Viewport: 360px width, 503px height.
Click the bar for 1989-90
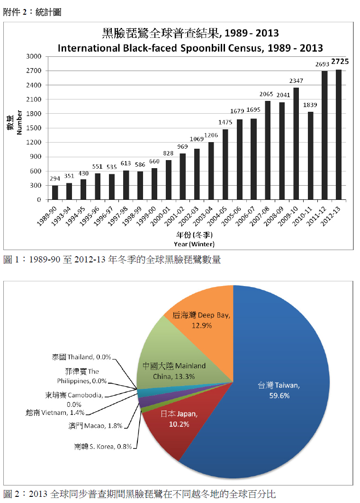click(55, 192)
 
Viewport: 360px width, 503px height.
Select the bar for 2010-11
click(311, 156)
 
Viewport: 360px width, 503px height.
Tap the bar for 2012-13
click(339, 135)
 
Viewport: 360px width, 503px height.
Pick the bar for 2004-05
click(225, 164)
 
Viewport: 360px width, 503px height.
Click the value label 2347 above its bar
click(296, 81)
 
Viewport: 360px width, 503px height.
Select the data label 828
click(168, 153)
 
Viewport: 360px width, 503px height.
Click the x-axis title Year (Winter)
click(194, 244)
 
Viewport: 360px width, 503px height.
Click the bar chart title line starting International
click(190, 48)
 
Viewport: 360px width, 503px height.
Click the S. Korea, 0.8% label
click(103, 446)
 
